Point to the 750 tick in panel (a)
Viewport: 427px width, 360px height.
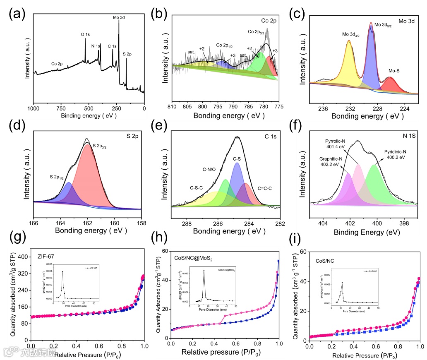pyautogui.click(x=61, y=108)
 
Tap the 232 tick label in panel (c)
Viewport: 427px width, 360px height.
pyautogui.click(x=350, y=108)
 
